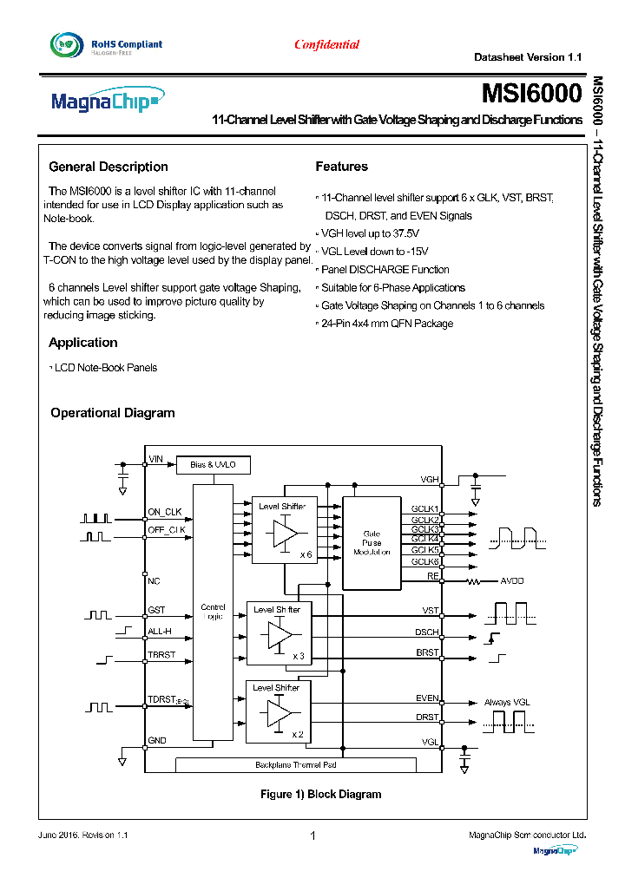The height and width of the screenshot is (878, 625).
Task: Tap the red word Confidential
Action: click(x=326, y=44)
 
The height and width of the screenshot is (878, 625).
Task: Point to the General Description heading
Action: click(x=109, y=167)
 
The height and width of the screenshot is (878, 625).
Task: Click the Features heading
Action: click(x=341, y=167)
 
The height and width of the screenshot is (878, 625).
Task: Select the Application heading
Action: click(x=83, y=343)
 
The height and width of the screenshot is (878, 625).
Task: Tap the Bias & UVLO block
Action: click(x=213, y=465)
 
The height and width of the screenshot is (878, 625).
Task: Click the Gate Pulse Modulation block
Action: click(x=372, y=543)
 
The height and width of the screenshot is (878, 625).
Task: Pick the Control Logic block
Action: click(x=213, y=612)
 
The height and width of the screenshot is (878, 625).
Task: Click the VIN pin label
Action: click(x=156, y=459)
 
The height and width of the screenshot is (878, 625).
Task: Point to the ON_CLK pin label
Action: click(x=165, y=512)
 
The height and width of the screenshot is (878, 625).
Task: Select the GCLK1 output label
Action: click(x=425, y=509)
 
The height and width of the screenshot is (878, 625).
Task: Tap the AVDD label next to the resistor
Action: click(x=512, y=580)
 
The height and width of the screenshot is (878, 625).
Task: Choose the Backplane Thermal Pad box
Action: click(x=295, y=764)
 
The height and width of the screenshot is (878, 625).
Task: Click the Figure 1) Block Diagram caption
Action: click(x=320, y=794)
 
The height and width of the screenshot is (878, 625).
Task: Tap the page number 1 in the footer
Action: click(x=312, y=835)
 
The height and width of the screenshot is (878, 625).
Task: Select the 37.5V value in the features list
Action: click(x=404, y=233)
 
